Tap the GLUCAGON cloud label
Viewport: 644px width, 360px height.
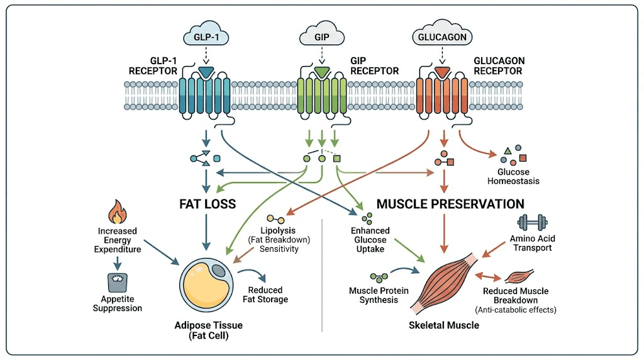(x=442, y=37)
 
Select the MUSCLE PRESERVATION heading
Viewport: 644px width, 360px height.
(x=450, y=204)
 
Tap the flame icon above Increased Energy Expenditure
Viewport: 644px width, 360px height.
(x=117, y=213)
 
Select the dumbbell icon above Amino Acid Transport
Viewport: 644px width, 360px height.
(x=532, y=222)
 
